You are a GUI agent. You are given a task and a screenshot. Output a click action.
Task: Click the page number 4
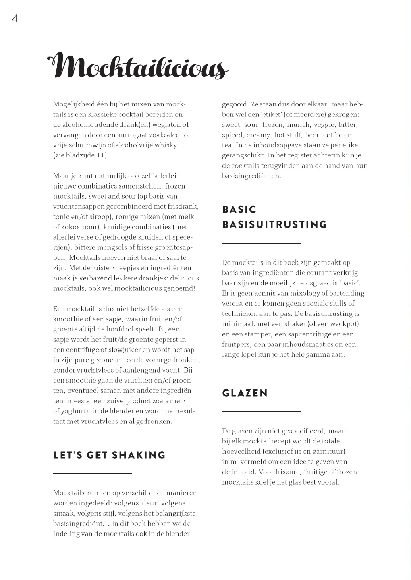pyautogui.click(x=15, y=19)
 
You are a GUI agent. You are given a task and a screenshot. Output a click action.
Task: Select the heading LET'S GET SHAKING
pyautogui.click(x=109, y=455)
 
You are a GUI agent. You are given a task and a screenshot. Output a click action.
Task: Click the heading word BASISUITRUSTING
pyautogui.click(x=274, y=224)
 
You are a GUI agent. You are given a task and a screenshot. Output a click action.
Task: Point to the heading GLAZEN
pyautogui.click(x=245, y=393)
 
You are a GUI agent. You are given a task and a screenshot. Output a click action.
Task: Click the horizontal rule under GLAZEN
pyautogui.click(x=261, y=411)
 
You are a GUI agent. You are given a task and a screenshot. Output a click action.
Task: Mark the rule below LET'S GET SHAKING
pyautogui.click(x=92, y=474)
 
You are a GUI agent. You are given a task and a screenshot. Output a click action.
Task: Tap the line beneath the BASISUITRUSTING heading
pyautogui.click(x=261, y=243)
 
